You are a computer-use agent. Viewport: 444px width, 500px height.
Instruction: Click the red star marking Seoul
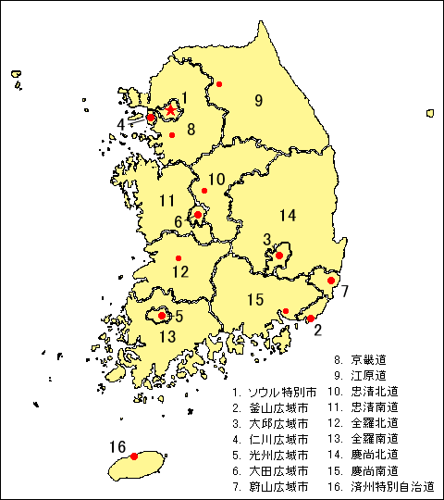(x=170, y=109)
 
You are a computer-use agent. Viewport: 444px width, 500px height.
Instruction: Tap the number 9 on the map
(x=259, y=100)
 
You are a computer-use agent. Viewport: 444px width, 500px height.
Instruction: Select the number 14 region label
(x=288, y=216)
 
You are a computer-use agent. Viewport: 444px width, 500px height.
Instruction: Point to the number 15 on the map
(x=255, y=299)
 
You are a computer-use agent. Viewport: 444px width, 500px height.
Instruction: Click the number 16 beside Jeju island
(x=117, y=447)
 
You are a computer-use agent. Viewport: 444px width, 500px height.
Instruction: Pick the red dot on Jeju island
(x=134, y=456)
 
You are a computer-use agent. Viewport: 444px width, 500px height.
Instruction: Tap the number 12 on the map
(x=179, y=272)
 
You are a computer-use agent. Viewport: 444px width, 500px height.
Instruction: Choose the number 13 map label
(x=166, y=336)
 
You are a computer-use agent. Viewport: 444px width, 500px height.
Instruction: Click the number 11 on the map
(x=166, y=200)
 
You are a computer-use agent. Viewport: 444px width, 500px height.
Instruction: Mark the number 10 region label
(x=216, y=180)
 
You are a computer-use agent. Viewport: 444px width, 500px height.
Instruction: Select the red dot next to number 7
(x=331, y=281)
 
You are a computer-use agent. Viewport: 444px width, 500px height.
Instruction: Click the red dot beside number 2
(x=310, y=319)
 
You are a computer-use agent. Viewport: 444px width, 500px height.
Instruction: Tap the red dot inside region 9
(x=219, y=84)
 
